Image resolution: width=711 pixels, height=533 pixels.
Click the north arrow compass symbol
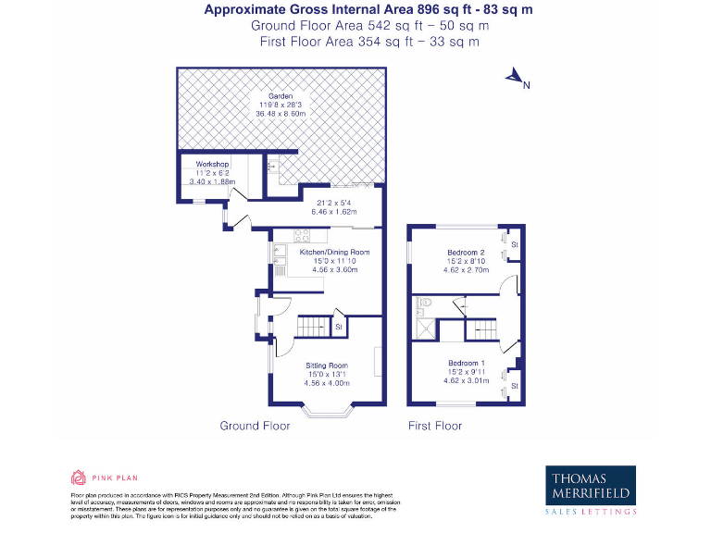coord(515,80)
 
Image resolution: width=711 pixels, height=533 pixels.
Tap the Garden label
coord(281,96)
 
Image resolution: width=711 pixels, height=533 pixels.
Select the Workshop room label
coord(212,164)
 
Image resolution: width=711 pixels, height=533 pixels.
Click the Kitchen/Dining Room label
coord(334,252)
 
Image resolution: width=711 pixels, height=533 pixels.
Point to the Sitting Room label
coord(327,366)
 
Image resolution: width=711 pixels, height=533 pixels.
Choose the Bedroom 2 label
coord(466,253)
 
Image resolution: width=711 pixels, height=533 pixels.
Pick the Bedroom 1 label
coord(466,363)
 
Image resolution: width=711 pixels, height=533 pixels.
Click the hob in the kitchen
coord(302,233)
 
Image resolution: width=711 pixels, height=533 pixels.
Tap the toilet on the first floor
coord(425,302)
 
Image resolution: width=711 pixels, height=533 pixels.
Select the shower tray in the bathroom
coord(426,328)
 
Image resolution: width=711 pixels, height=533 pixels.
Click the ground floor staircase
coord(314,326)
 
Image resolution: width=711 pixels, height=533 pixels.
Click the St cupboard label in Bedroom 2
coord(514,243)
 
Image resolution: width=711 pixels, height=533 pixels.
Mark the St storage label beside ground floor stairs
coord(339,327)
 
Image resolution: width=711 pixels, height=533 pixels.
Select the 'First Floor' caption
coord(435,426)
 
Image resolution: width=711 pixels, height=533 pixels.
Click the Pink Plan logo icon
coord(79,477)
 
